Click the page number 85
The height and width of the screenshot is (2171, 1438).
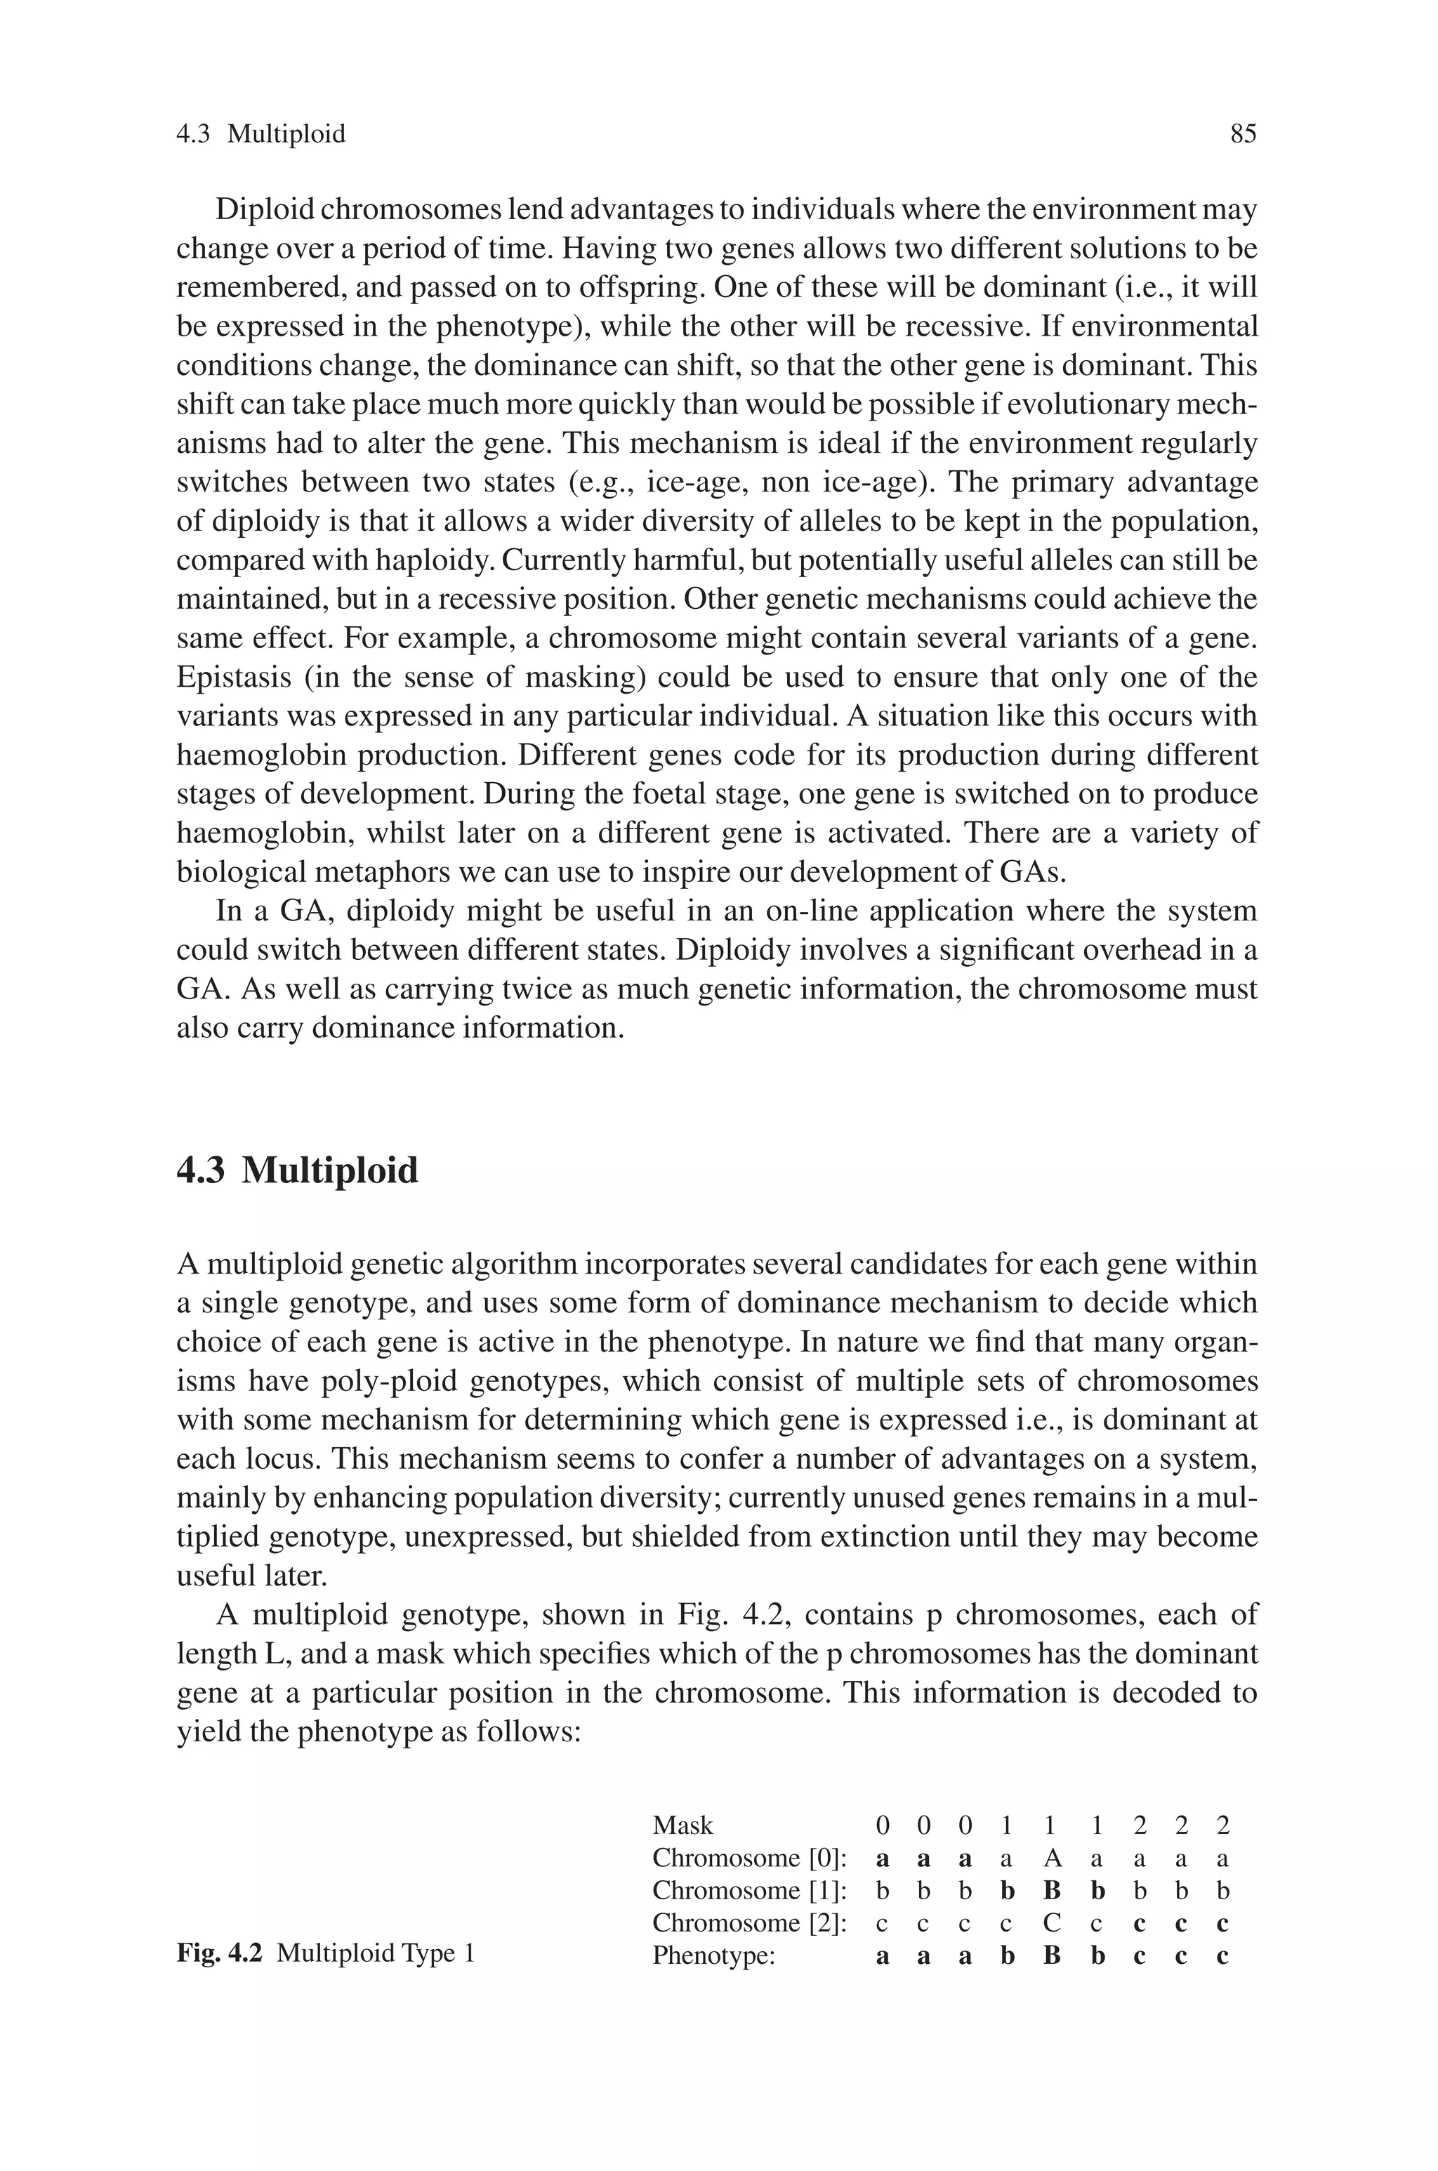[1243, 134]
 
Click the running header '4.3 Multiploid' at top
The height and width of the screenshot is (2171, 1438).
[260, 134]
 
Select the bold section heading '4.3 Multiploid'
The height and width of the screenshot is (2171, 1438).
[297, 1170]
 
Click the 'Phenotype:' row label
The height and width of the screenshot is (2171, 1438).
[713, 1955]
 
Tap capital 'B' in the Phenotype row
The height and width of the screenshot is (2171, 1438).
[1052, 1955]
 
